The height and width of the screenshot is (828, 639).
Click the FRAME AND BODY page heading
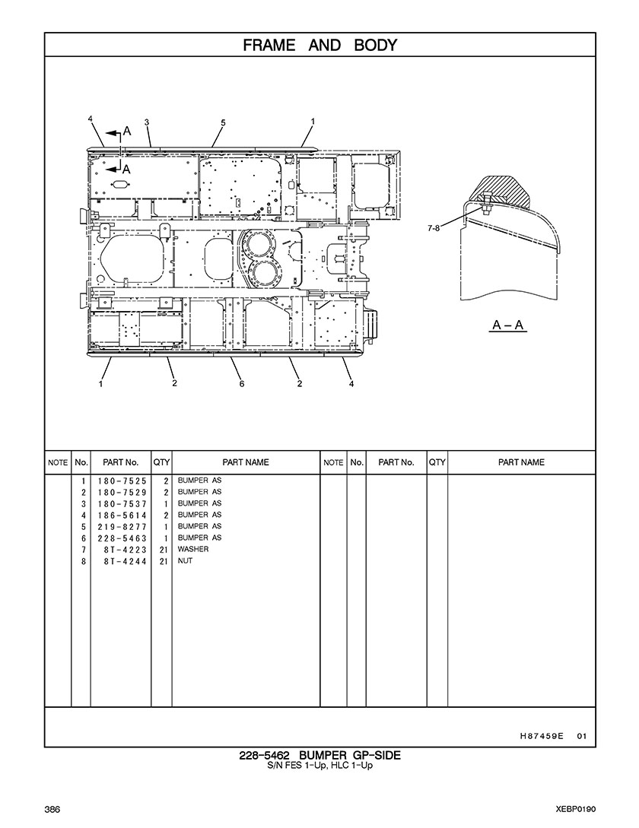pyautogui.click(x=319, y=45)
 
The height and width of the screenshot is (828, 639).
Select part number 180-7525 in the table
pyautogui.click(x=122, y=481)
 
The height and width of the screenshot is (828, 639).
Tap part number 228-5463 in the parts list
pyautogui.click(x=122, y=538)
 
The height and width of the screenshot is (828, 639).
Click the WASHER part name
pyautogui.click(x=193, y=549)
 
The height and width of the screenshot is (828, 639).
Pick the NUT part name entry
pyautogui.click(x=185, y=560)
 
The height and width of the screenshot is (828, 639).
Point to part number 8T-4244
pyautogui.click(x=126, y=561)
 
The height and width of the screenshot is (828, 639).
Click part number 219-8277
pyautogui.click(x=122, y=526)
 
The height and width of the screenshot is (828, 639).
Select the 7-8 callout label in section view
pyautogui.click(x=434, y=228)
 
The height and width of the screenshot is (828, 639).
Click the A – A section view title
pyautogui.click(x=507, y=324)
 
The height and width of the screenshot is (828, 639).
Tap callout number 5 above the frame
pyautogui.click(x=223, y=122)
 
